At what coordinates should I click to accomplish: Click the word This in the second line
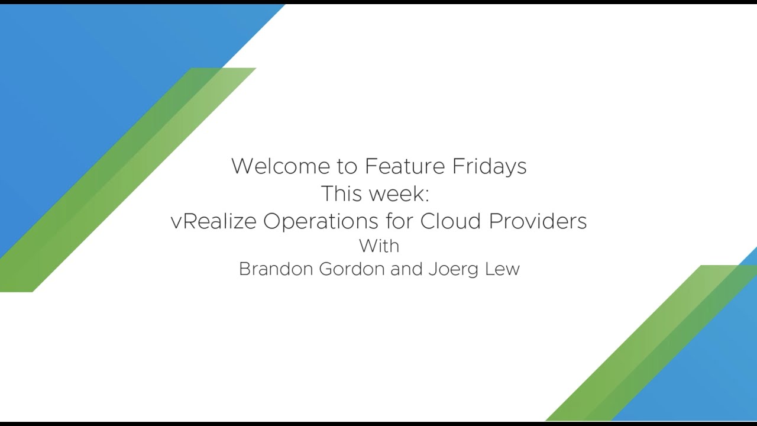[x=341, y=193]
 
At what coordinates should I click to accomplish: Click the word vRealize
[x=213, y=221]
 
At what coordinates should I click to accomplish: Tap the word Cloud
[x=451, y=221]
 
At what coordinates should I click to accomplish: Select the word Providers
[x=538, y=221]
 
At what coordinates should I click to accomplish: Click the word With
[x=379, y=246]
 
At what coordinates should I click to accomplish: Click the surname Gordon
[x=352, y=269]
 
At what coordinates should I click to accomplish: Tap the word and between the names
[x=406, y=269]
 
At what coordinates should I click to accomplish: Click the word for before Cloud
[x=399, y=221]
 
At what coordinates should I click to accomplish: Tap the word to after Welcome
[x=347, y=167]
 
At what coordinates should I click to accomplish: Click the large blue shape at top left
[x=85, y=85]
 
